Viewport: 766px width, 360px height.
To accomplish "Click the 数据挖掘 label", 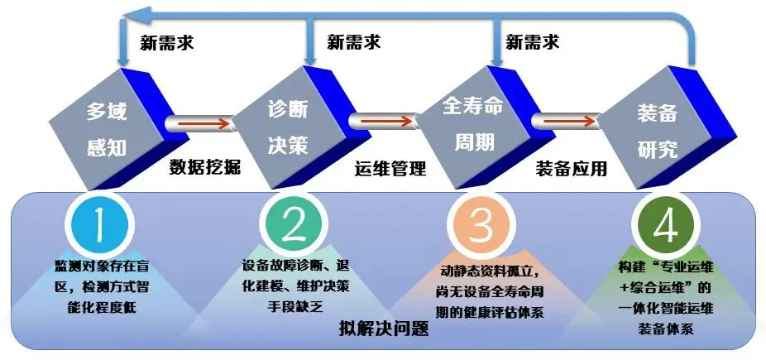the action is (205, 167).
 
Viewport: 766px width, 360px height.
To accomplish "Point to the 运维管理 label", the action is (390, 168).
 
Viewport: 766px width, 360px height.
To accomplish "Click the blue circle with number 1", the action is (98, 223).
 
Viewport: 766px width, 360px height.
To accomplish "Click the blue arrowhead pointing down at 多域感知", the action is (123, 61).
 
